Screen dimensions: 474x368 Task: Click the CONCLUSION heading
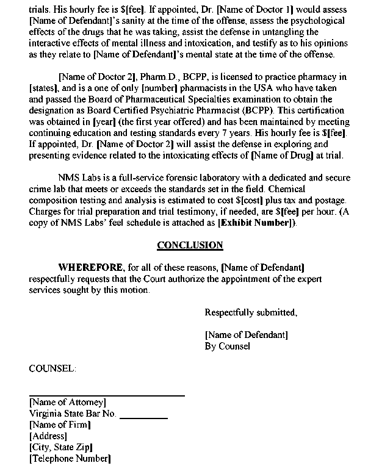[x=190, y=246]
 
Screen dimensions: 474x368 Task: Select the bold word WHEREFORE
[x=89, y=268]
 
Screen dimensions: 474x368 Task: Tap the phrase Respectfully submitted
[x=251, y=313]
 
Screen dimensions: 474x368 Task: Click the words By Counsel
[x=227, y=346]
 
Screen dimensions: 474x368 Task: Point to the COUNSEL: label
[x=53, y=369]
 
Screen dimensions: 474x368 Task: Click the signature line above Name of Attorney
[x=107, y=396]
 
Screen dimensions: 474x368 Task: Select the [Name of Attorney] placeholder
[x=68, y=403]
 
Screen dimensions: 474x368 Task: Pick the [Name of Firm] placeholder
[x=60, y=425]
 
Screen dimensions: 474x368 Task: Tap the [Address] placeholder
[x=48, y=436]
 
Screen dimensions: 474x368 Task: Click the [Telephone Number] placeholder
[x=70, y=458]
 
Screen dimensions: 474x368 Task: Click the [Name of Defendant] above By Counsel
[x=247, y=335]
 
